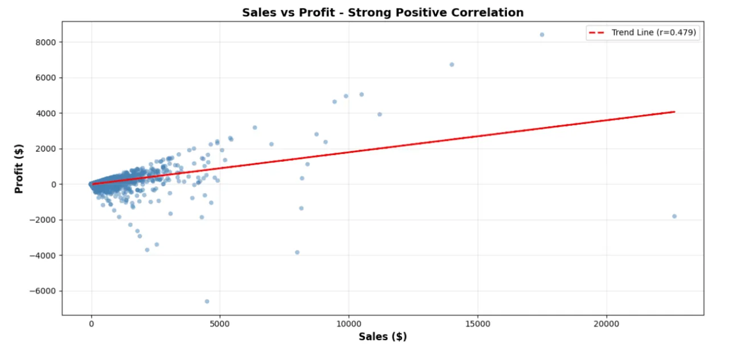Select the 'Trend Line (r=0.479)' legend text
(654, 32)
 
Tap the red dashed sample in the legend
(599, 32)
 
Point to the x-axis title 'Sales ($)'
(382, 337)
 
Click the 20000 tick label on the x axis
(606, 324)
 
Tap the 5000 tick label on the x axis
(220, 324)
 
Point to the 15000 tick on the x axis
(477, 324)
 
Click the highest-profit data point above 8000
(542, 35)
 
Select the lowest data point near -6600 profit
(207, 301)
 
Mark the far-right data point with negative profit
(674, 216)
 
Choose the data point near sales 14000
(452, 64)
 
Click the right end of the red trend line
(674, 112)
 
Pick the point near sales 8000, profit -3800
(297, 252)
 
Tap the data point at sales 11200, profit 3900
(379, 114)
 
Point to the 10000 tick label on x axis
(349, 324)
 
